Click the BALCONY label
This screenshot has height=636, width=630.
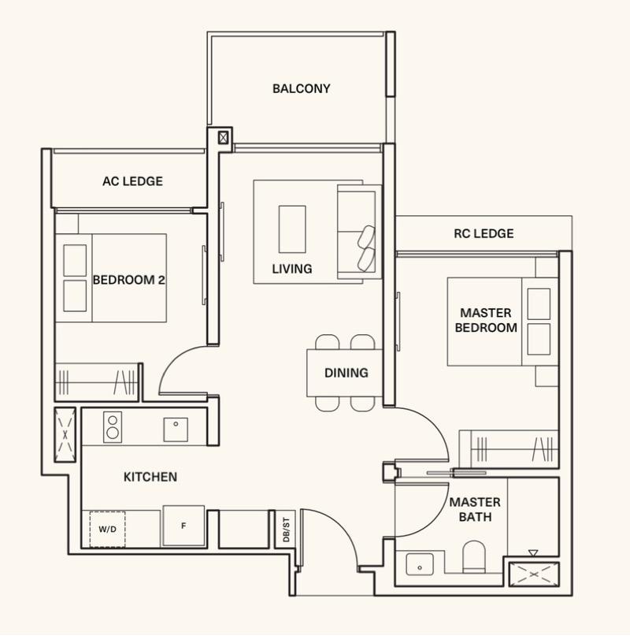click(x=301, y=88)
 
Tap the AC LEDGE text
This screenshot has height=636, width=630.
click(x=132, y=181)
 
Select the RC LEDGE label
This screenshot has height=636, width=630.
click(x=484, y=233)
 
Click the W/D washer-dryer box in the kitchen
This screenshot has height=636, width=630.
click(x=107, y=528)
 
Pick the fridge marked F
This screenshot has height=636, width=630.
click(x=183, y=526)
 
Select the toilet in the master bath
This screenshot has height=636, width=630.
click(x=474, y=555)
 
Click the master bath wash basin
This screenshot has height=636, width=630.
click(x=419, y=564)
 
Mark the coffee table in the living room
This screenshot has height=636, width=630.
click(x=292, y=229)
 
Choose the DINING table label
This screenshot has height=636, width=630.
click(x=346, y=373)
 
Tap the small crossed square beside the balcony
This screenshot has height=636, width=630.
click(x=224, y=138)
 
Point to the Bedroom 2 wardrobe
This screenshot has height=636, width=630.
click(x=96, y=382)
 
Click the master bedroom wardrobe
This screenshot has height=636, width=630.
click(x=509, y=451)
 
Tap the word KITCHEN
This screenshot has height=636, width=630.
click(x=150, y=477)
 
